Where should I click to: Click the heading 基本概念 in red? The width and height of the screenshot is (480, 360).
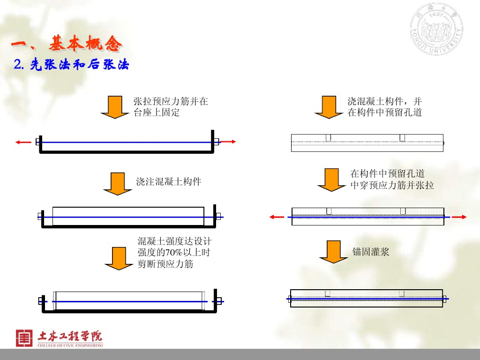(85, 45)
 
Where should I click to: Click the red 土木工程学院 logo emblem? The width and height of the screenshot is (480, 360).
(24, 338)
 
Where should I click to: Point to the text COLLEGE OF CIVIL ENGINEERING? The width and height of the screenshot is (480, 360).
(70, 345)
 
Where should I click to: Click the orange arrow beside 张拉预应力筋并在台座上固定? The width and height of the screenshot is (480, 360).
(115, 107)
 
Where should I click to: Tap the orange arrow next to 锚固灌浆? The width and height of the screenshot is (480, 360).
(333, 252)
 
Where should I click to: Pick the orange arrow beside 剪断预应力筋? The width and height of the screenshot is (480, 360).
(119, 258)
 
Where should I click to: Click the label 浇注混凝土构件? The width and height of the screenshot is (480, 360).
(169, 182)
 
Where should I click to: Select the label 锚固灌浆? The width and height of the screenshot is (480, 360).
(371, 252)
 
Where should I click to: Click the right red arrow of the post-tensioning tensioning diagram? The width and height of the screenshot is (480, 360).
(459, 217)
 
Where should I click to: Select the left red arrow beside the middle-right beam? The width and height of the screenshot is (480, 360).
(277, 217)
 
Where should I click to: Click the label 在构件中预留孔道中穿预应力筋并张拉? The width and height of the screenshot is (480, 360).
(392, 180)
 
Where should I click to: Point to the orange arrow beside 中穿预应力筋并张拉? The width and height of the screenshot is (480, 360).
(331, 180)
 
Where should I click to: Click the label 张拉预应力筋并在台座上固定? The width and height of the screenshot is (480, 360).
(171, 107)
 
